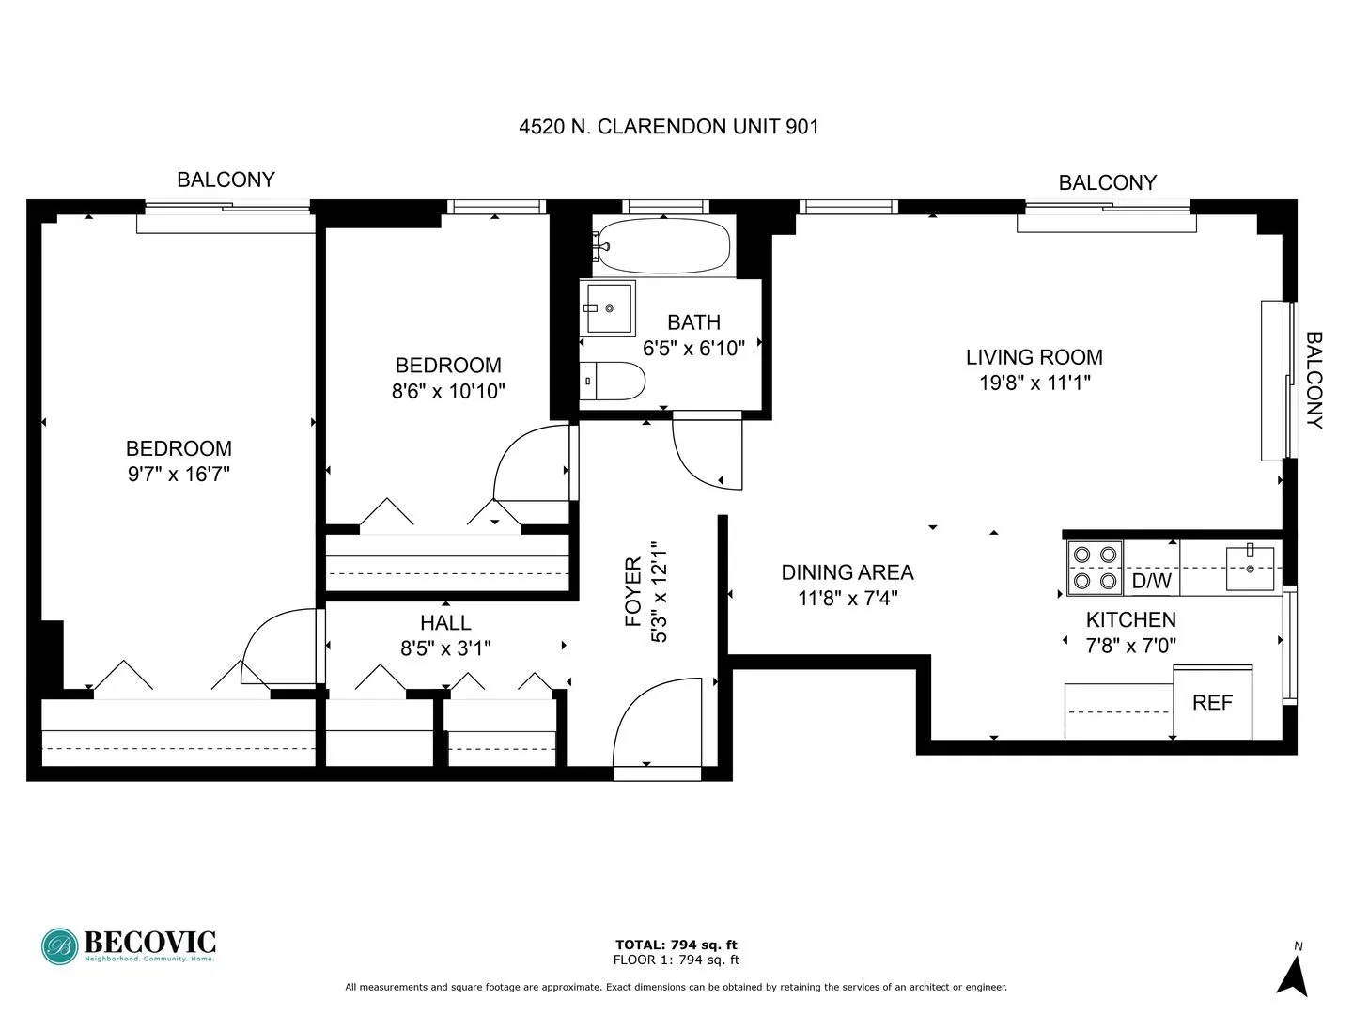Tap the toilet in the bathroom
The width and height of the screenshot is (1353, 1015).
(x=613, y=382)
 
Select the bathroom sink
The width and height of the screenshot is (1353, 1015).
(x=608, y=307)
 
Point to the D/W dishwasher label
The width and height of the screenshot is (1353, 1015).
(x=1151, y=581)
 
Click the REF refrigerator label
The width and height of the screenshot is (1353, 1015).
(x=1212, y=703)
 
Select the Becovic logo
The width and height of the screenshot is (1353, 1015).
(x=129, y=945)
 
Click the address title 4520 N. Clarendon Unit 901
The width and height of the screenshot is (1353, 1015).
(x=669, y=127)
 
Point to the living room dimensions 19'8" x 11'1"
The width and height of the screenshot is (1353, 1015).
(x=1034, y=383)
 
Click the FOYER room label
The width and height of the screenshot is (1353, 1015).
(x=633, y=592)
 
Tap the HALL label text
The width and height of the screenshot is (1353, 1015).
(x=445, y=622)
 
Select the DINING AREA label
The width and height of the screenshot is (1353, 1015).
(x=848, y=571)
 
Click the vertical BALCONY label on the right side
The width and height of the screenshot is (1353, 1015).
(x=1314, y=381)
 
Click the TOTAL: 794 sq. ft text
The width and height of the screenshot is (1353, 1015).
(x=676, y=945)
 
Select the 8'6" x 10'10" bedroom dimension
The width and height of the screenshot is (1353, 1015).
(x=448, y=391)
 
